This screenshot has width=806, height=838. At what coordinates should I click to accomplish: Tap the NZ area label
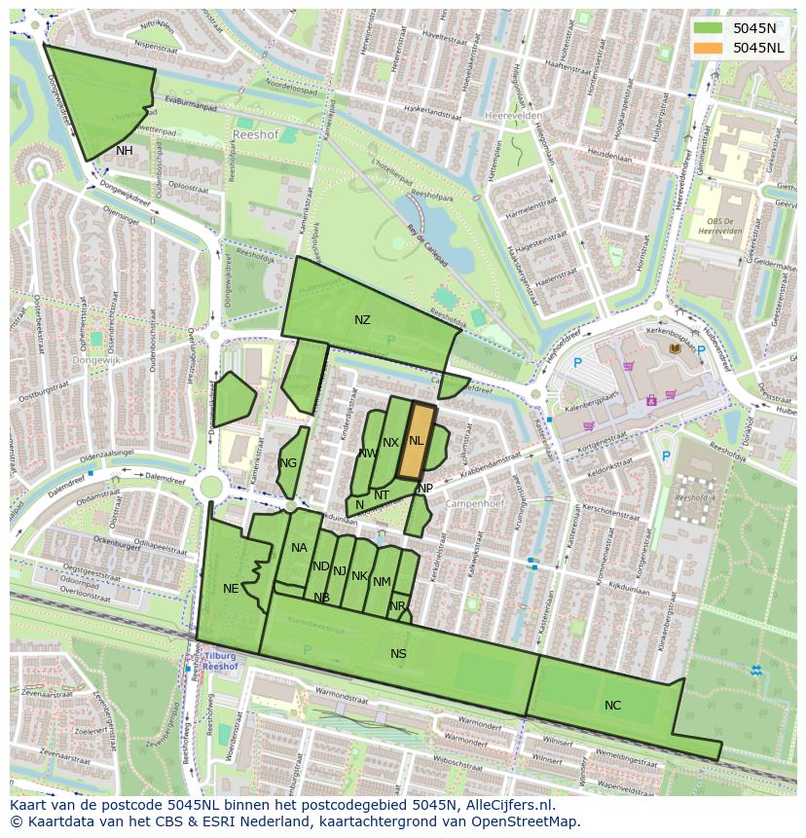[362, 320]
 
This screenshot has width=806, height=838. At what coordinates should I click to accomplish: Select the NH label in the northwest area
[125, 151]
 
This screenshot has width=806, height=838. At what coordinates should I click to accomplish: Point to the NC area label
[612, 706]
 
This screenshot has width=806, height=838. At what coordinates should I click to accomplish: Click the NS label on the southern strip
[398, 654]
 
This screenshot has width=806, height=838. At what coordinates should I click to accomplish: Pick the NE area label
[231, 589]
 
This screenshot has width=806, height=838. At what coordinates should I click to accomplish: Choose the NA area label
[299, 548]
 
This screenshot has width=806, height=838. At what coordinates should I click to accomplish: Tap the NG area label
[288, 463]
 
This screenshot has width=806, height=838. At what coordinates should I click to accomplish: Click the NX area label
[390, 443]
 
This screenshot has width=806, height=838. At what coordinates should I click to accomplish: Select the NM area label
[382, 582]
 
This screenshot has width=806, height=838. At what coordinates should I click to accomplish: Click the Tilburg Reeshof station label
[221, 662]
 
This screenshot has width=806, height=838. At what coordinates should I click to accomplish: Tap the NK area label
[359, 576]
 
